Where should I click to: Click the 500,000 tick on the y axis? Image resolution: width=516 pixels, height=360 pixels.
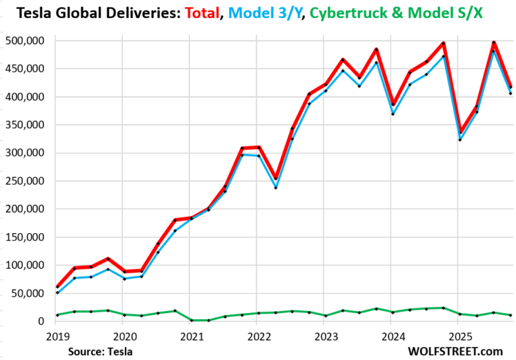(24, 40)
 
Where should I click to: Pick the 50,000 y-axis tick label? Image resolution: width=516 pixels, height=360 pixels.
(27, 293)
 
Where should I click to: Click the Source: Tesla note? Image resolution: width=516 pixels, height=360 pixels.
(99, 351)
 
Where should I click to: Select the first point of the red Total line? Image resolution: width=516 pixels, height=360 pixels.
(58, 287)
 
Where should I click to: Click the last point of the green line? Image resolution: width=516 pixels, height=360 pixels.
(511, 315)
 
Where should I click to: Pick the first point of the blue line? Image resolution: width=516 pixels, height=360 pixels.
(58, 293)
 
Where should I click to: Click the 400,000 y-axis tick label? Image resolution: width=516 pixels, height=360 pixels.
(24, 97)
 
